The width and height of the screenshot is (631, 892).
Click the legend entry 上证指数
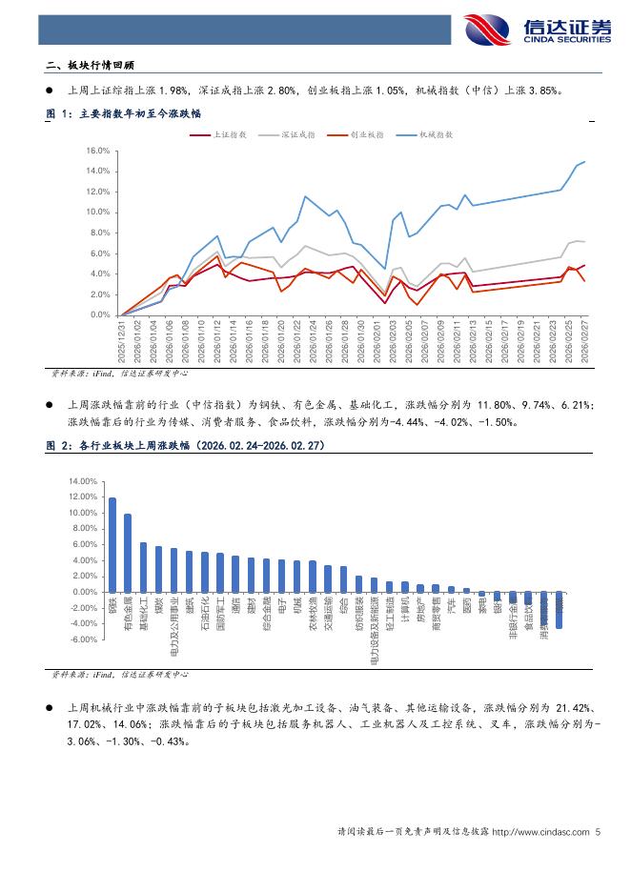point(225,136)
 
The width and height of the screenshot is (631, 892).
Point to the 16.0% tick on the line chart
point(99,151)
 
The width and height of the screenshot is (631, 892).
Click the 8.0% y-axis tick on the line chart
point(101,233)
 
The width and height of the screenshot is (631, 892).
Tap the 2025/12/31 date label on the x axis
point(123,341)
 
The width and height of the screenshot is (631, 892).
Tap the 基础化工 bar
point(143,567)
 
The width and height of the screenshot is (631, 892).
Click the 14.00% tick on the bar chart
point(85,481)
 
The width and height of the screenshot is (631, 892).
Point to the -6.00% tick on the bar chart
point(85,639)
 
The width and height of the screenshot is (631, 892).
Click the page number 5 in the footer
point(598,832)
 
